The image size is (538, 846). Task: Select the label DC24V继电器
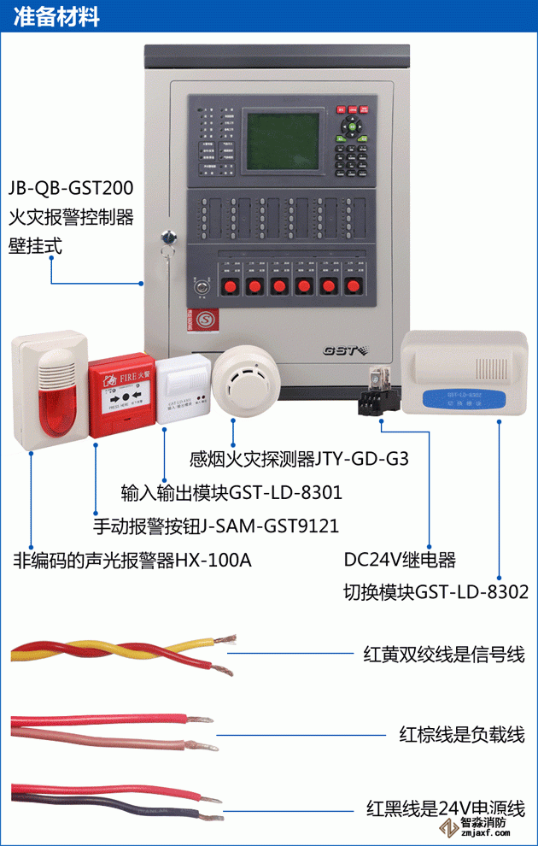coord(400,560)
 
